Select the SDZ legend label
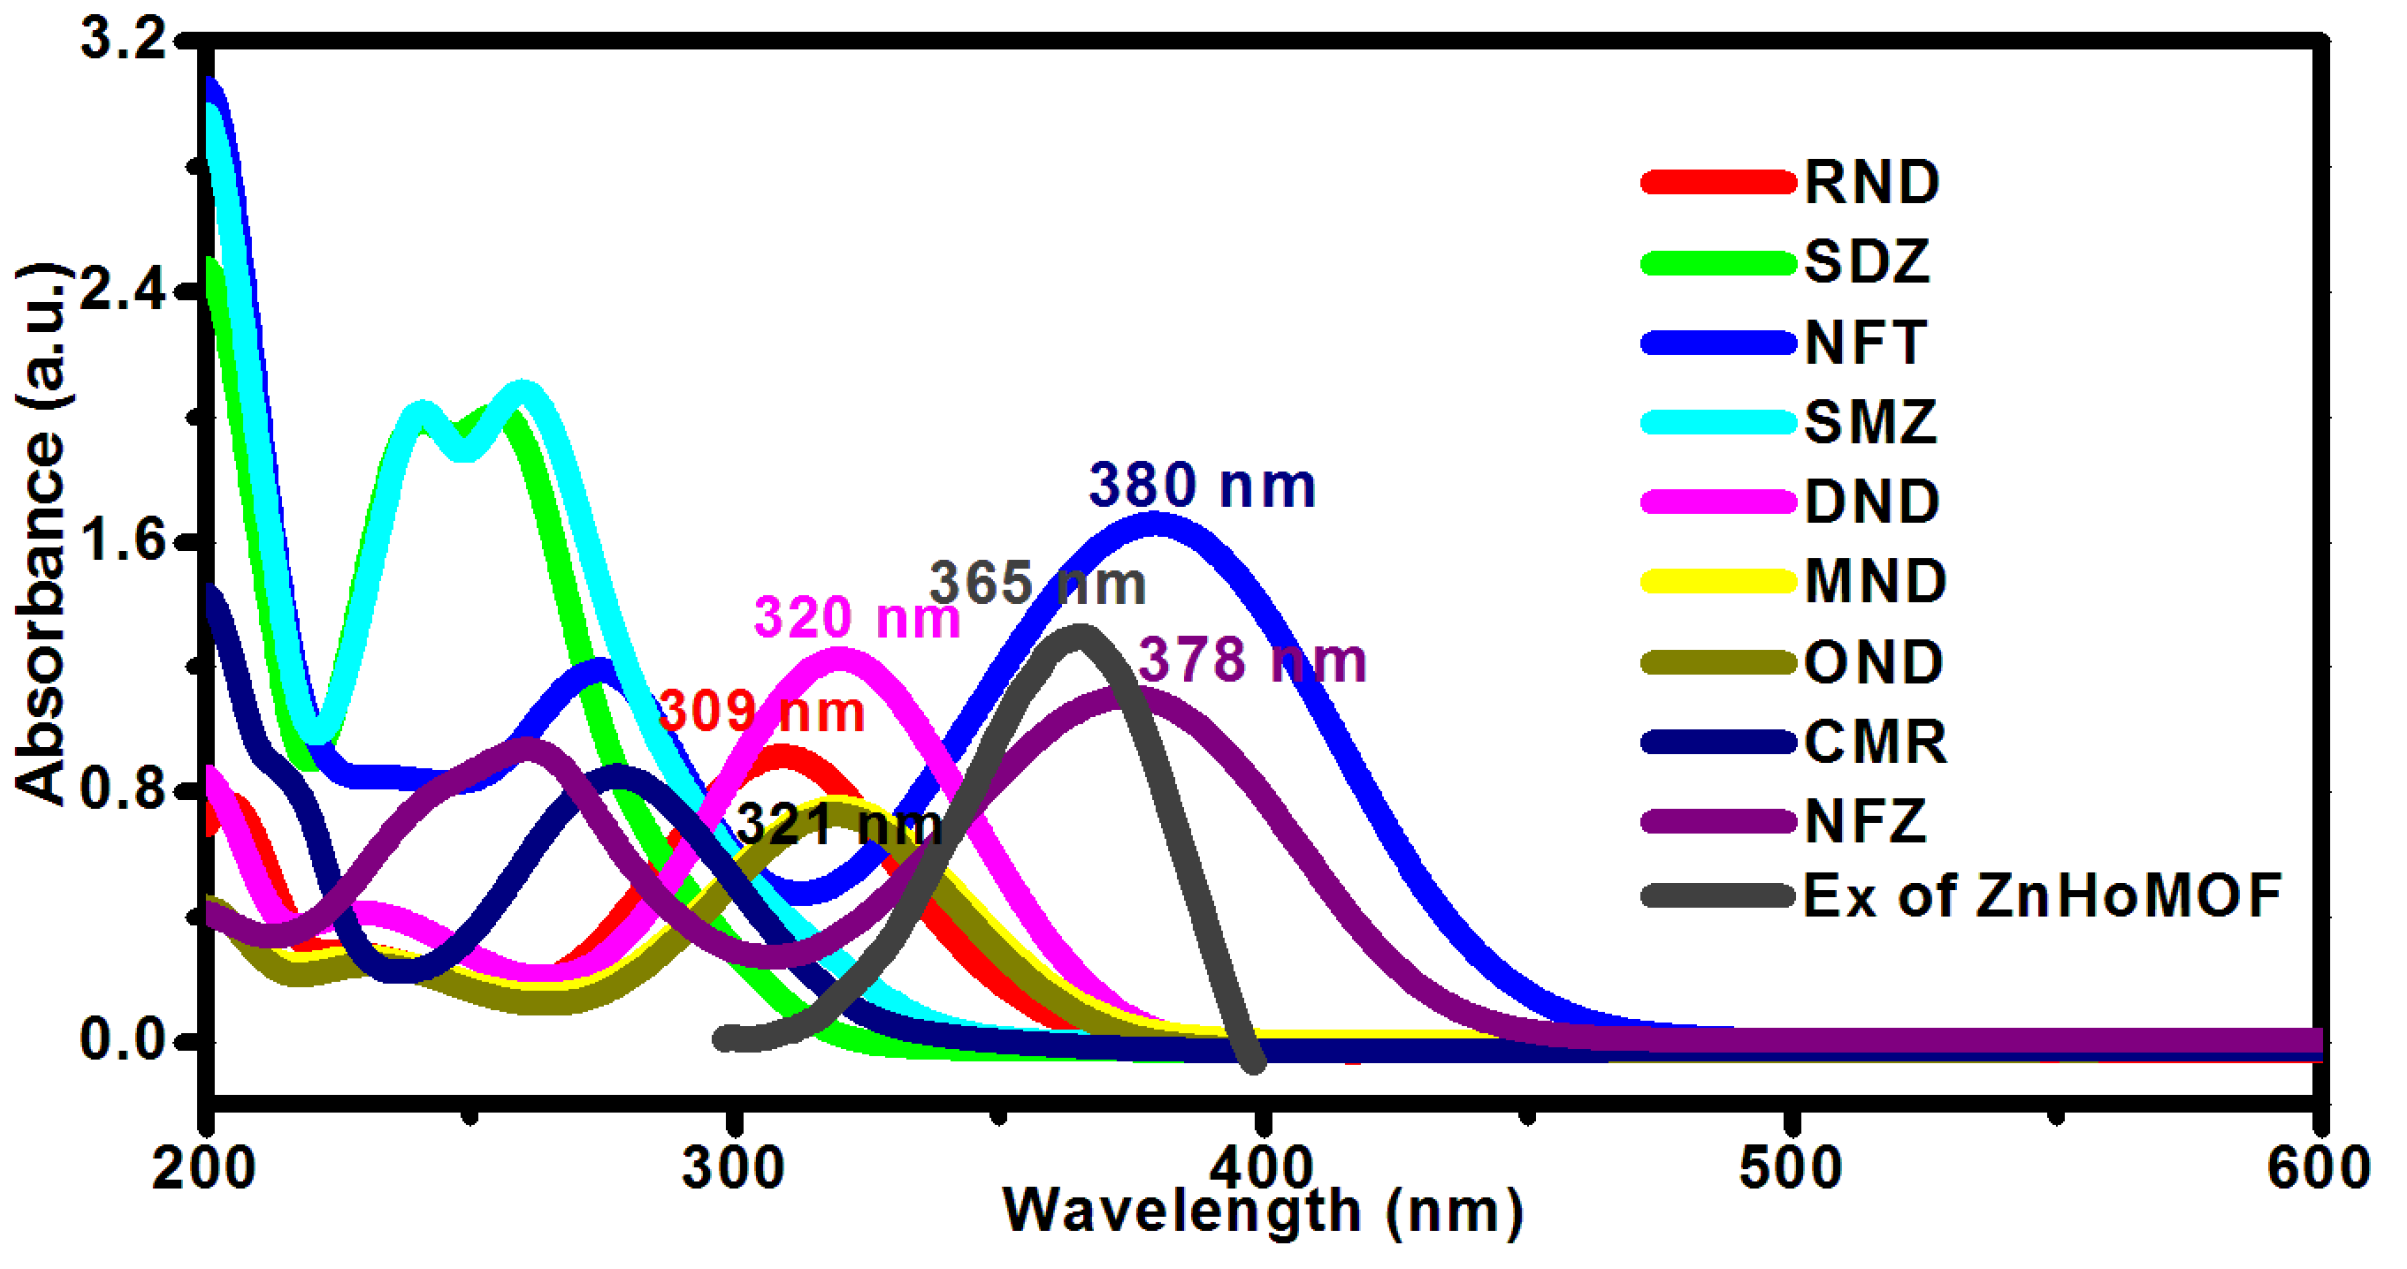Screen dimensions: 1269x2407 (x=1866, y=262)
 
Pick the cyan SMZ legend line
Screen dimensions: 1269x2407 (x=1718, y=422)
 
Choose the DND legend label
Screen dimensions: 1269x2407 (x=1871, y=501)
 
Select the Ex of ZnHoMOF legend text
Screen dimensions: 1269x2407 (x=2040, y=895)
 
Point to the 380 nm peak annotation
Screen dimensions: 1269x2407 (x=1201, y=486)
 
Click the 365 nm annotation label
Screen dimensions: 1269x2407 (x=1037, y=583)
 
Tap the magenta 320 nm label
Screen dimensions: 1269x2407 (x=856, y=617)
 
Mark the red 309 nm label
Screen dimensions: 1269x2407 (x=761, y=712)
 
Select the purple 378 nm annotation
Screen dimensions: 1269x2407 (x=1252, y=661)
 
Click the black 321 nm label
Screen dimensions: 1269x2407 (x=838, y=825)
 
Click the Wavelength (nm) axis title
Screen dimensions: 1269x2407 (x=1262, y=1212)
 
